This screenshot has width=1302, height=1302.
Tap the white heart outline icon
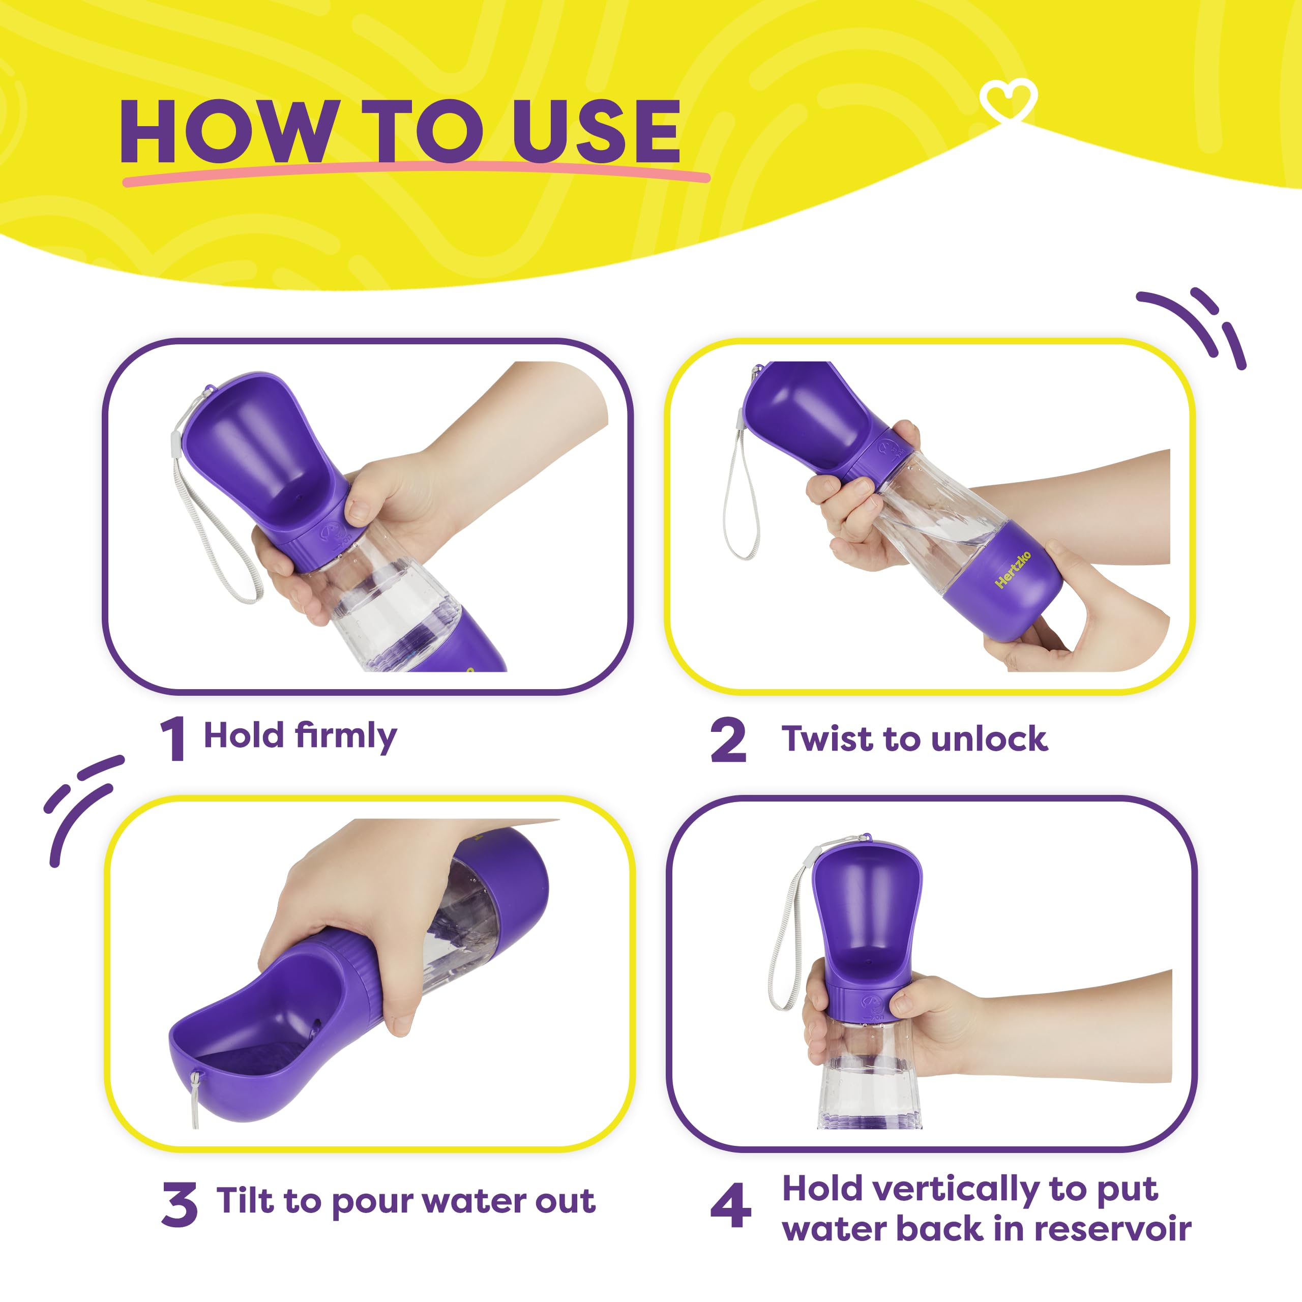[1008, 100]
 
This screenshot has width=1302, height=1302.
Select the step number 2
[728, 740]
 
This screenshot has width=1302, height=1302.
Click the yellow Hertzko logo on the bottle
[1013, 570]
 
